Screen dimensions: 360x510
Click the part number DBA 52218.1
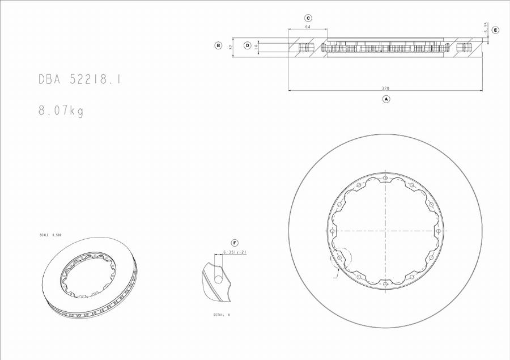[79, 80]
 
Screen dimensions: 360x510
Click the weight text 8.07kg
[61, 111]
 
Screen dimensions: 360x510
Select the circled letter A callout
[386, 99]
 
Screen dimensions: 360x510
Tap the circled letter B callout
[218, 45]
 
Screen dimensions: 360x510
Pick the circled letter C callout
[308, 18]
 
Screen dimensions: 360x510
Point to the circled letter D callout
[248, 45]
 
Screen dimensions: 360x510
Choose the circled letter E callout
[495, 29]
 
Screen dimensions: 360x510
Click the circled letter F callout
[235, 243]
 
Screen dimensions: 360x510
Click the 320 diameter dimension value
[385, 88]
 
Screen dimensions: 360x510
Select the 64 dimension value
[308, 27]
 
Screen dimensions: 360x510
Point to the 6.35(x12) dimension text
[235, 252]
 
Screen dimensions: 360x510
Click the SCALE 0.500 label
[50, 235]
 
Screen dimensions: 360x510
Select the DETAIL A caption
[222, 315]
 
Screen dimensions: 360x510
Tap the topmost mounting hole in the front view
[385, 178]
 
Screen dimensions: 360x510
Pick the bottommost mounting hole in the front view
[385, 283]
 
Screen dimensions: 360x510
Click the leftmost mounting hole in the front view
[332, 231]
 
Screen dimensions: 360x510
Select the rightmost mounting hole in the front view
[439, 231]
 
